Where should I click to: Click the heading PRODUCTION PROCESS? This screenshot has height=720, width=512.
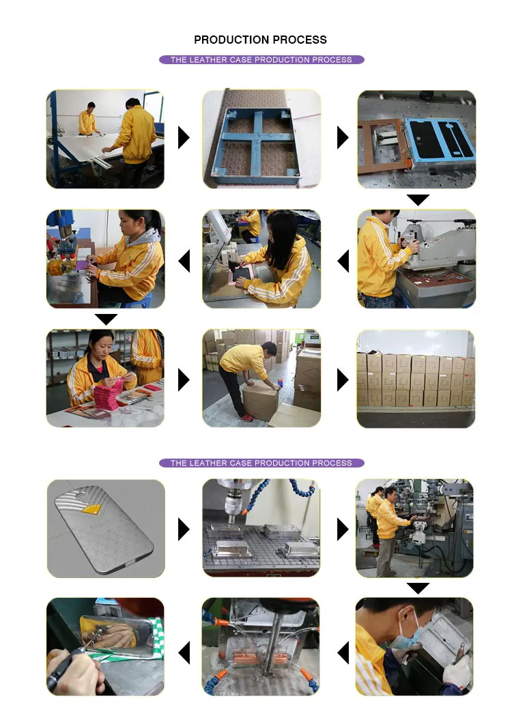pyautogui.click(x=260, y=40)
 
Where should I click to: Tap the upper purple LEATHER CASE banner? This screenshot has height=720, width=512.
pyautogui.click(x=261, y=59)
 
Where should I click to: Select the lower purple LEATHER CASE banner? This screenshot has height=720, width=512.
pyautogui.click(x=261, y=463)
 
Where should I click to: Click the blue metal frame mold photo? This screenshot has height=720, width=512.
pyautogui.click(x=261, y=139)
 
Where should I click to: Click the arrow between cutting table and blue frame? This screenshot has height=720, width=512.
pyautogui.click(x=184, y=137)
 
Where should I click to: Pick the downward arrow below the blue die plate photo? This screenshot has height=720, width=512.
pyautogui.click(x=418, y=200)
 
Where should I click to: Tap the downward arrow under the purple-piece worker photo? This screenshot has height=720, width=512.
pyautogui.click(x=106, y=319)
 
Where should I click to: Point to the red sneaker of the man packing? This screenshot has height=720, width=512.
pyautogui.click(x=246, y=418)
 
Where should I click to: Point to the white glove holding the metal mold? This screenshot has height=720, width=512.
pyautogui.click(x=457, y=670)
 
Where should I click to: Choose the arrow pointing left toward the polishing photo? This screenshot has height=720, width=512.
pyautogui.click(x=184, y=652)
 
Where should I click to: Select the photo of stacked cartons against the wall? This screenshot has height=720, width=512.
pyautogui.click(x=416, y=378)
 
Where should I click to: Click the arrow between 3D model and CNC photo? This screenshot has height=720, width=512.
pyautogui.click(x=184, y=530)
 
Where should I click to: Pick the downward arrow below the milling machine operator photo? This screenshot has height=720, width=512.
pyautogui.click(x=418, y=588)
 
